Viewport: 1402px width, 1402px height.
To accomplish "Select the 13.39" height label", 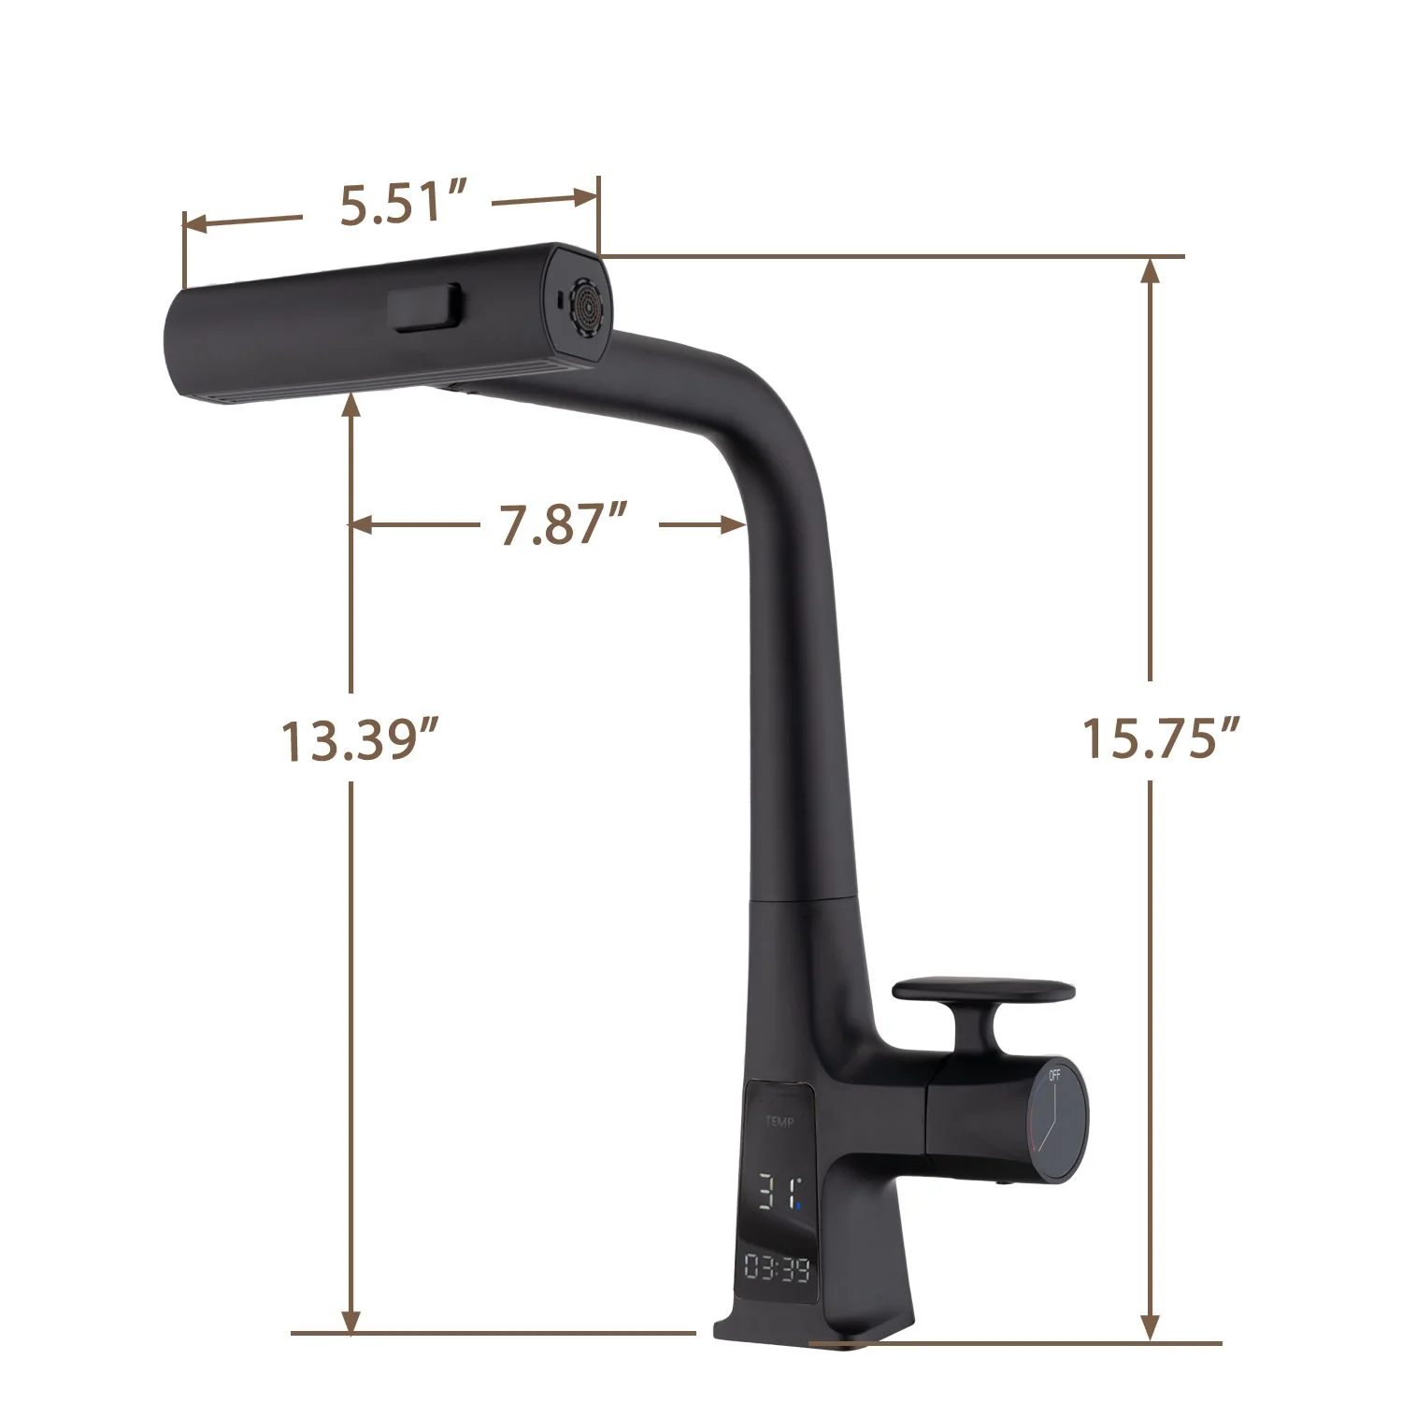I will pyautogui.click(x=360, y=740).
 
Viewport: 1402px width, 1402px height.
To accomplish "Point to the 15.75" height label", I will pyautogui.click(x=1160, y=737).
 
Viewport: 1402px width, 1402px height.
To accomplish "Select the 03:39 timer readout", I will pyautogui.click(x=777, y=1268).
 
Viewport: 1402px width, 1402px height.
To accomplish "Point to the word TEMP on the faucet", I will pyautogui.click(x=780, y=1122).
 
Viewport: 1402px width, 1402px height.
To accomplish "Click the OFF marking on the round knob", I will pyautogui.click(x=1055, y=1075).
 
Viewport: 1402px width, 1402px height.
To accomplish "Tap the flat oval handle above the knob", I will pyautogui.click(x=984, y=991).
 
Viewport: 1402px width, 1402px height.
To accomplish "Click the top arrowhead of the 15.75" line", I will pyautogui.click(x=1151, y=271).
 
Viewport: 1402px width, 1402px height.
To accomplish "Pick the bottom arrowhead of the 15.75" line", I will pyautogui.click(x=1151, y=1327).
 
